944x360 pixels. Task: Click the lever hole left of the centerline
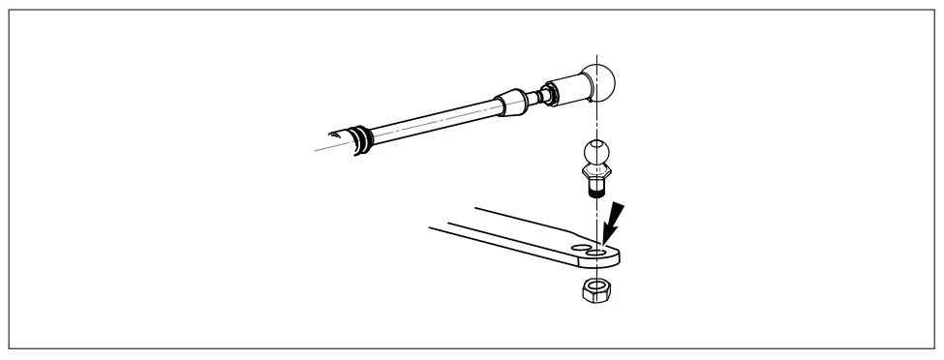tap(581, 249)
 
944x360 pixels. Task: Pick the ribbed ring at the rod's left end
tap(364, 139)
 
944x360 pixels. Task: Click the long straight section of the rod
tap(436, 121)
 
